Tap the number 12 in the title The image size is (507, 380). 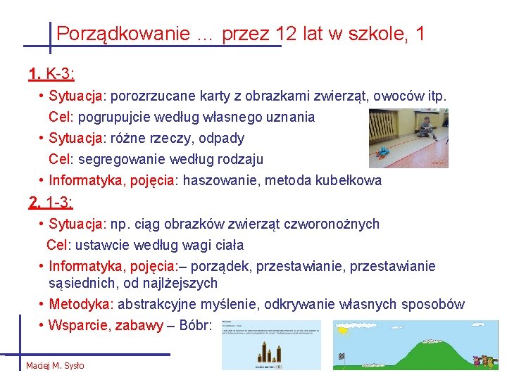tap(287, 33)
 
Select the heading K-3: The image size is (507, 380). tap(61, 73)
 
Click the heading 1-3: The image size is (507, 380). tap(61, 203)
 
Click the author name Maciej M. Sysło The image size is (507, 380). tap(55, 365)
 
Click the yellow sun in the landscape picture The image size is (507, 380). tap(344, 329)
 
